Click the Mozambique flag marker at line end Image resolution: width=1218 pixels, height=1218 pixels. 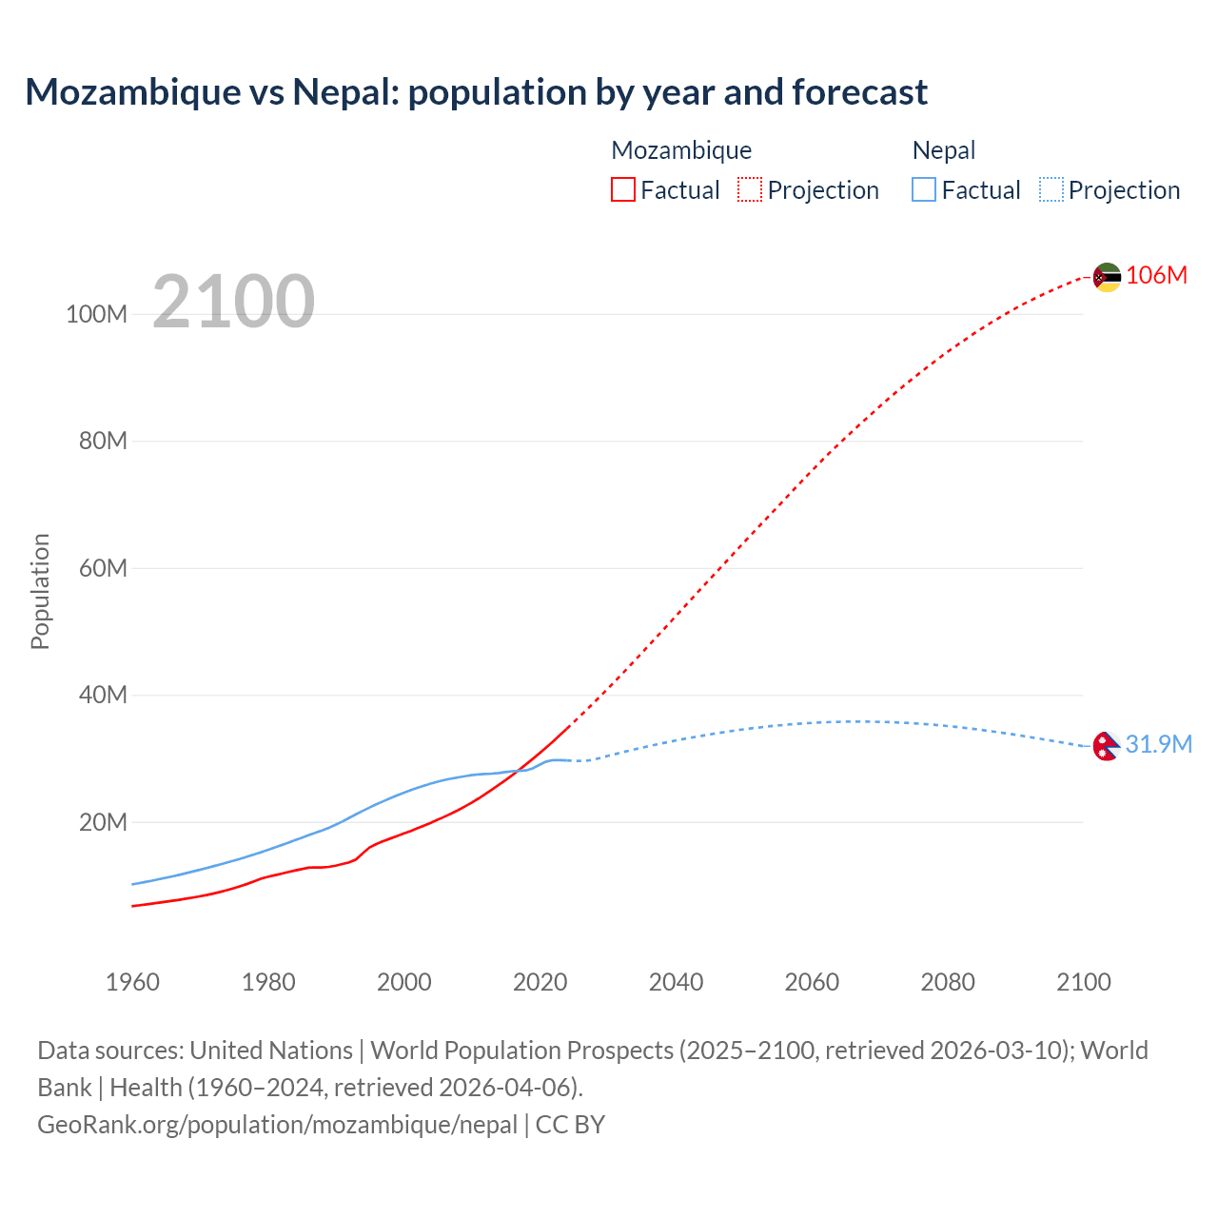pos(1107,277)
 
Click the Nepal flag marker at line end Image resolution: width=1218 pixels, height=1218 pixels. pos(1106,747)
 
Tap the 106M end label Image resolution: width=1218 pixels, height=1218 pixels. pos(1156,276)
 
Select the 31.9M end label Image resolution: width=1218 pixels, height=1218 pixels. pos(1158,744)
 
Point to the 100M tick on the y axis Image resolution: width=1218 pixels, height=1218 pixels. pos(96,315)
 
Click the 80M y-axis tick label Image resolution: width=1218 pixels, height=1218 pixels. pos(103,442)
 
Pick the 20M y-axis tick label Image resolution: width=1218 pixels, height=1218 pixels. pos(103,822)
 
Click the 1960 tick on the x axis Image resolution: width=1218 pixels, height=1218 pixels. pos(132,982)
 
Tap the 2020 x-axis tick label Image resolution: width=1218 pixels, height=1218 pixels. pos(540,982)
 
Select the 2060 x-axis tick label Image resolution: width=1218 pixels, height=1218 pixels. pos(812,982)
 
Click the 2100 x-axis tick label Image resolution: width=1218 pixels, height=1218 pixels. pos(1083,982)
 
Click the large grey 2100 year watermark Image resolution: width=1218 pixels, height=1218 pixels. pos(233,302)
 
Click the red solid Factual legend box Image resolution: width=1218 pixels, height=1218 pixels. pos(622,190)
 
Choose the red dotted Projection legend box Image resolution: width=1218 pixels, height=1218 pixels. pos(750,190)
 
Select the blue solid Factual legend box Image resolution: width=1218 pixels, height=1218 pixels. pos(924,190)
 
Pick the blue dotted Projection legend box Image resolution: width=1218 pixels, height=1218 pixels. pos(1051,190)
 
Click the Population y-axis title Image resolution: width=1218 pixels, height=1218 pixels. pos(40,591)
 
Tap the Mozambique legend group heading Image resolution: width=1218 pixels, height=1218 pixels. pos(681,150)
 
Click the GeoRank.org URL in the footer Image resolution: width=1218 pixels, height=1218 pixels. pos(277,1125)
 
